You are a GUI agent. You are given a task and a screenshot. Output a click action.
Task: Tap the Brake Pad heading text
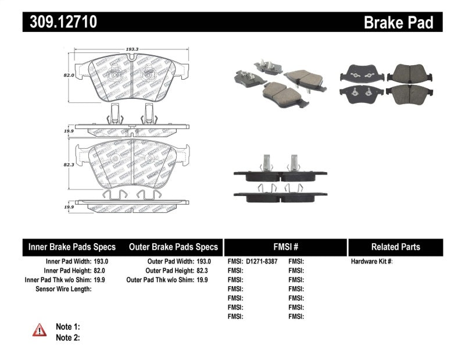(x=399, y=23)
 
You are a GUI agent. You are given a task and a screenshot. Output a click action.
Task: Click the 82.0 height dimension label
(x=69, y=75)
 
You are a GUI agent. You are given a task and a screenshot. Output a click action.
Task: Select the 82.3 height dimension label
(x=69, y=165)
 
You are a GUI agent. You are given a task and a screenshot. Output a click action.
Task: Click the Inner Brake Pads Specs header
(x=72, y=247)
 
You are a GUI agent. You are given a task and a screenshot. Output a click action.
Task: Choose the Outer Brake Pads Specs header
(x=173, y=247)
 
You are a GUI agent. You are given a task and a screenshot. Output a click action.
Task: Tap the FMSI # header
(x=285, y=247)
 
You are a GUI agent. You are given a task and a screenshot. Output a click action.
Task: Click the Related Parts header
(x=395, y=247)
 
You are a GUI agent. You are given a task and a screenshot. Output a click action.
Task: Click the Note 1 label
(x=68, y=327)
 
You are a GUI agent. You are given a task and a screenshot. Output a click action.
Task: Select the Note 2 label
(x=68, y=337)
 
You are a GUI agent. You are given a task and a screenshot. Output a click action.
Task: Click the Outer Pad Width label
(x=166, y=262)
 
